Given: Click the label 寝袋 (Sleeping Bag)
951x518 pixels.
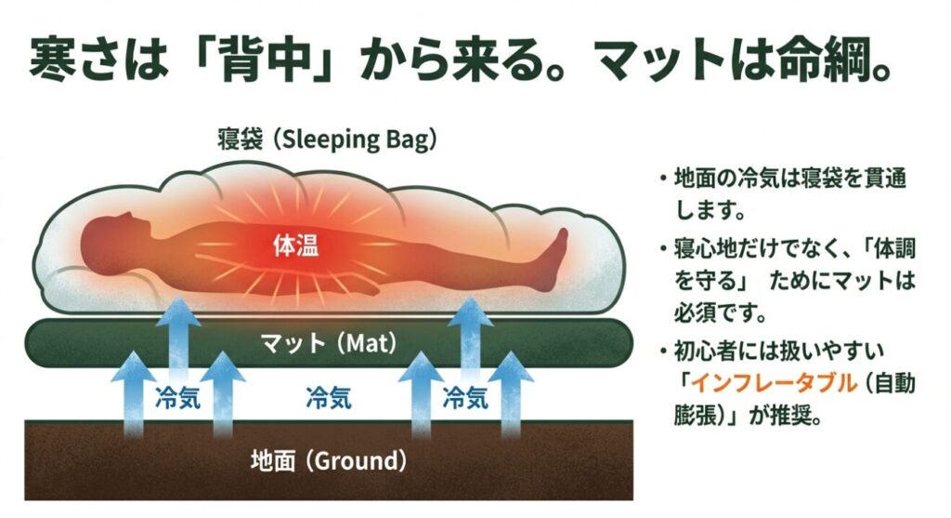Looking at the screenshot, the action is [328, 139].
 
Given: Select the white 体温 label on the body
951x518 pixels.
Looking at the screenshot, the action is [296, 246].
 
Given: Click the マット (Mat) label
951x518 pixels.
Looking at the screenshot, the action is [329, 343].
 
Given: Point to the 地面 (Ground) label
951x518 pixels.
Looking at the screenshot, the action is [329, 460].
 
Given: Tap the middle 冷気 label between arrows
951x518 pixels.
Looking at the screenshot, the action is [329, 398].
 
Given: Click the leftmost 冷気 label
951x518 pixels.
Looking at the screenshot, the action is [177, 398].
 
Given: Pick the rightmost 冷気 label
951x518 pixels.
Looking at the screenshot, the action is [465, 398].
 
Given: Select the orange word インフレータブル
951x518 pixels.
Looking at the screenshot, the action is [775, 383].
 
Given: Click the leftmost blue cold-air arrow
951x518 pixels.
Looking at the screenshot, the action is [133, 394].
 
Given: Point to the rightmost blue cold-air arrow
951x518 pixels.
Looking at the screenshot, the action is [511, 394].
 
